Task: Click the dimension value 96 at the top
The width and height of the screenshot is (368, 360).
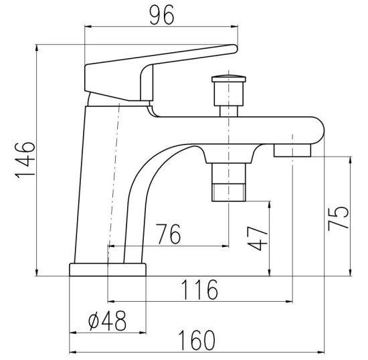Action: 162,15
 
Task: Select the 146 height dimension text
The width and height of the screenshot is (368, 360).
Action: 25,161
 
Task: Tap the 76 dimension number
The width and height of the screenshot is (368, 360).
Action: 169,234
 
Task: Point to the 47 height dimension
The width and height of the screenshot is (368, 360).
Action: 258,238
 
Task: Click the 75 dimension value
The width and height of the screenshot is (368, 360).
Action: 338,218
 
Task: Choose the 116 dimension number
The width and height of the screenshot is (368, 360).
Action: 200,290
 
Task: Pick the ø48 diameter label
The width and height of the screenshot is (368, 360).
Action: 107,321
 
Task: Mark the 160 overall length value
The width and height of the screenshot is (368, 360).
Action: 197,340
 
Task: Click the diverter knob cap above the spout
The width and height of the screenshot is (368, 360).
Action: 229,78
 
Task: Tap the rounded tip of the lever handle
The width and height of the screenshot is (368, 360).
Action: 234,49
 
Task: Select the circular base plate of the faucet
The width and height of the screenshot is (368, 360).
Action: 108,270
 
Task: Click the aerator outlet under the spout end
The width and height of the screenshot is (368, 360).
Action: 292,151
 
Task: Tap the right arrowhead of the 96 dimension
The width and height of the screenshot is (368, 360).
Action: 235,27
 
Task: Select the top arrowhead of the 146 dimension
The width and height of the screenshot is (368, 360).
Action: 37,48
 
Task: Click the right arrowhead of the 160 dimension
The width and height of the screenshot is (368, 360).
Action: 320,352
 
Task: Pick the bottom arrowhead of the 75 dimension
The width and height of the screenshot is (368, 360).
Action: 351,272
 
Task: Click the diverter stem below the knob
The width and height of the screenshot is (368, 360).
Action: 229,111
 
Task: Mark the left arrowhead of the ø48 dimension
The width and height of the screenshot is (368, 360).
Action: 74,333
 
